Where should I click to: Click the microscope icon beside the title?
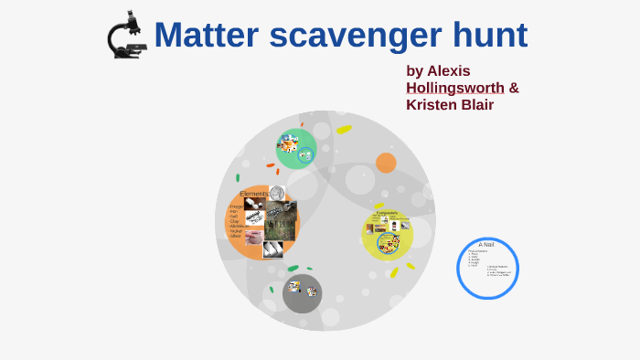126,36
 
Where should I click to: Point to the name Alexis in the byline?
449,70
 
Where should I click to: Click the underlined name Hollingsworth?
454,88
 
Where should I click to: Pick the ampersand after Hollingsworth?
514,88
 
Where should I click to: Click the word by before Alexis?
415,70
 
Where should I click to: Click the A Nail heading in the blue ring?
486,245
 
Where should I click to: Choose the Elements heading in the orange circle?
253,194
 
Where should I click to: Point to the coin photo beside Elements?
277,194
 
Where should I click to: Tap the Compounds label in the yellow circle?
386,213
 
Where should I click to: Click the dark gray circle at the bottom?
302,292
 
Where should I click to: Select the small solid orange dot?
386,163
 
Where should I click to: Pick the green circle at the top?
296,148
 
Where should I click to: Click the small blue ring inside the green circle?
305,156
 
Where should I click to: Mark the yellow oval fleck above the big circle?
344,130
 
